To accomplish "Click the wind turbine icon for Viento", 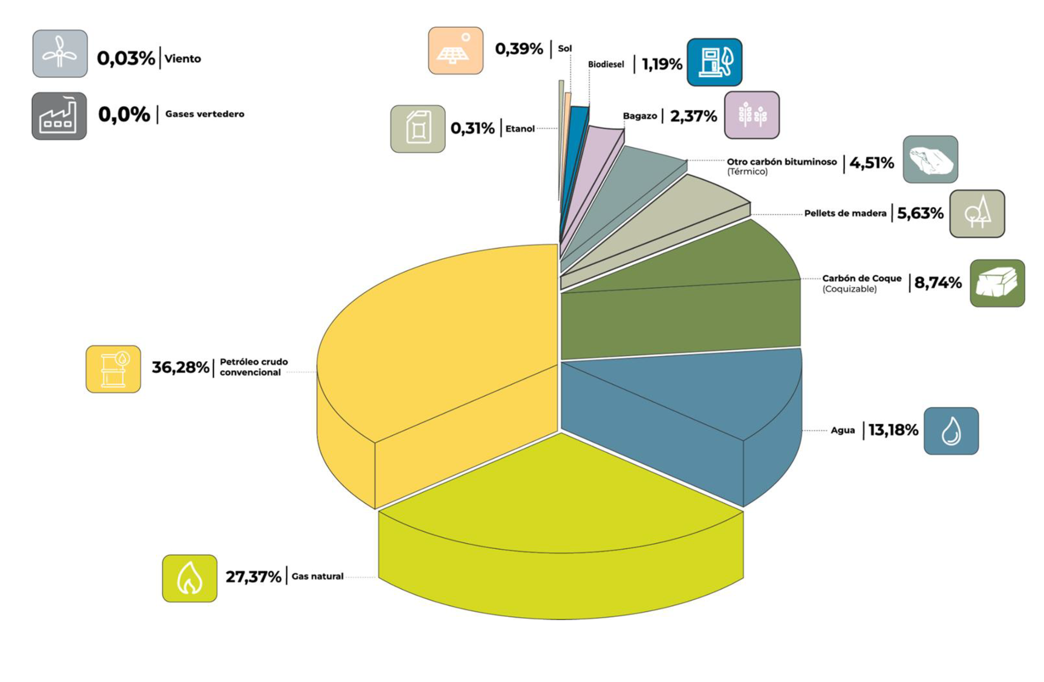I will (60, 53).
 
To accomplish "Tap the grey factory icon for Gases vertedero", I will (59, 116).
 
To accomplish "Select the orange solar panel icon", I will (456, 51).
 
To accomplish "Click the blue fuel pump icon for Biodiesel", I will (714, 62).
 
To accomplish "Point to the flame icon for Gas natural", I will (190, 578).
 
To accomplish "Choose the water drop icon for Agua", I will (951, 431).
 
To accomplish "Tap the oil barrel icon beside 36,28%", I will (113, 369).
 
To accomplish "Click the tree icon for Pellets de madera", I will (977, 214).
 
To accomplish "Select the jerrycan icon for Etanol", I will (418, 129).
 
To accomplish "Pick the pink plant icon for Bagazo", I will (752, 115).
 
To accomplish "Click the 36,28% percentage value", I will (180, 368).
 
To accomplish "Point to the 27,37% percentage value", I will (253, 576).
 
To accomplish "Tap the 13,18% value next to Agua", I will (893, 430).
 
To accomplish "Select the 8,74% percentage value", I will (937, 283).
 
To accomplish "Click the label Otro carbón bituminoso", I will (781, 162).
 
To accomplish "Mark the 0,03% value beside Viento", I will (126, 58).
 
